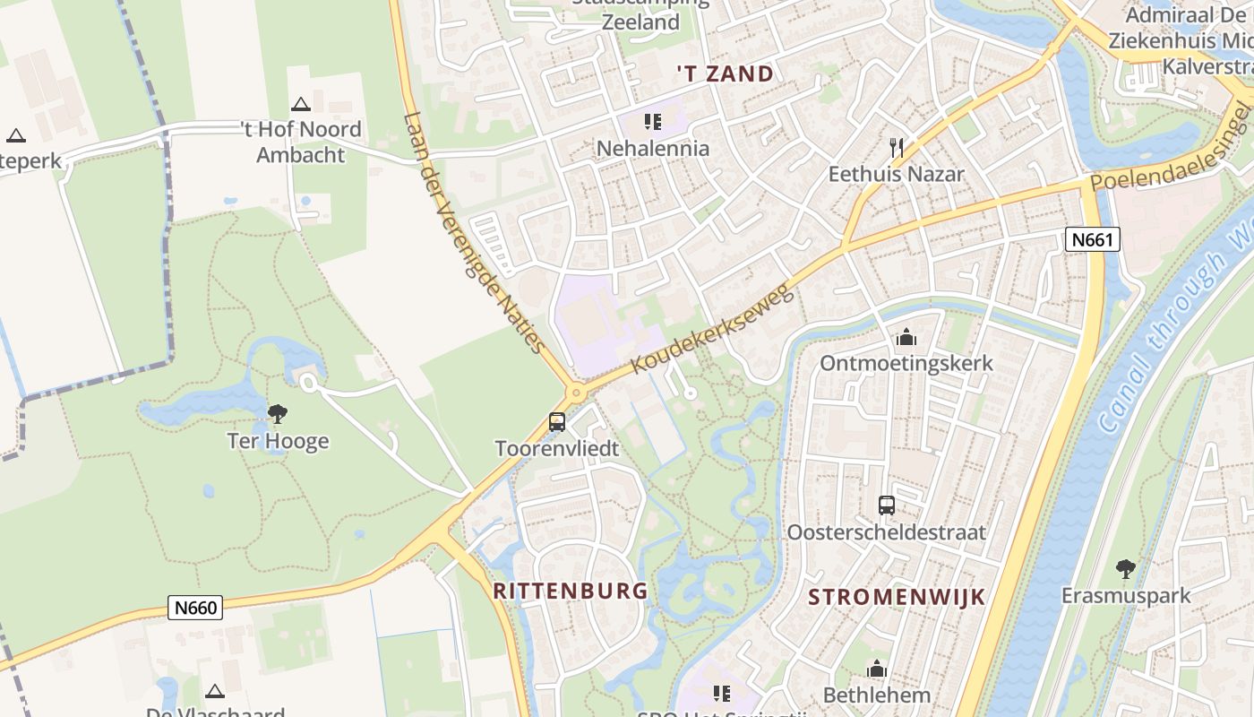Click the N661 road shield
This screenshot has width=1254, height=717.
pyautogui.click(x=1093, y=239)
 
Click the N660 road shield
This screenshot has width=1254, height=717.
pyautogui.click(x=195, y=608)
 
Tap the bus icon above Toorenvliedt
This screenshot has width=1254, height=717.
pyautogui.click(x=557, y=421)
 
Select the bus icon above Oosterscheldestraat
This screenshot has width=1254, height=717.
pyautogui.click(x=886, y=505)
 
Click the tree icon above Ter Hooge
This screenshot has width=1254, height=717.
pyautogui.click(x=278, y=414)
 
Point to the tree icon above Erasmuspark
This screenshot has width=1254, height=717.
pyautogui.click(x=1125, y=569)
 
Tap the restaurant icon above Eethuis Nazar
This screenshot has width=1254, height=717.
pyautogui.click(x=896, y=148)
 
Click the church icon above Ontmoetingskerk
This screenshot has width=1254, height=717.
pyautogui.click(x=906, y=338)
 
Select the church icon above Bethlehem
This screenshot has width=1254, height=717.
pyautogui.click(x=876, y=669)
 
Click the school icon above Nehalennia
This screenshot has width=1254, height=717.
pyautogui.click(x=652, y=122)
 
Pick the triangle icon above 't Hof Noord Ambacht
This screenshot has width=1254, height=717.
pyautogui.click(x=300, y=105)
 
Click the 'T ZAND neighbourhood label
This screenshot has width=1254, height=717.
pyautogui.click(x=725, y=74)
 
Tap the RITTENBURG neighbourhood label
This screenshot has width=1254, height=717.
pyautogui.click(x=570, y=591)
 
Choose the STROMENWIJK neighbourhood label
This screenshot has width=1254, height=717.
pyautogui.click(x=897, y=597)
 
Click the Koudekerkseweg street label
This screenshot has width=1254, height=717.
pyautogui.click(x=712, y=330)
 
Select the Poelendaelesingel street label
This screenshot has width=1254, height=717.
pyautogui.click(x=1170, y=148)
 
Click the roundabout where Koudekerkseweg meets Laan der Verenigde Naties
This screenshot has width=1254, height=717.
pyautogui.click(x=576, y=393)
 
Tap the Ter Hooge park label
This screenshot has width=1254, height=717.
pyautogui.click(x=278, y=441)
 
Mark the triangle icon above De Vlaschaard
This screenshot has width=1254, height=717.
pyautogui.click(x=213, y=691)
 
